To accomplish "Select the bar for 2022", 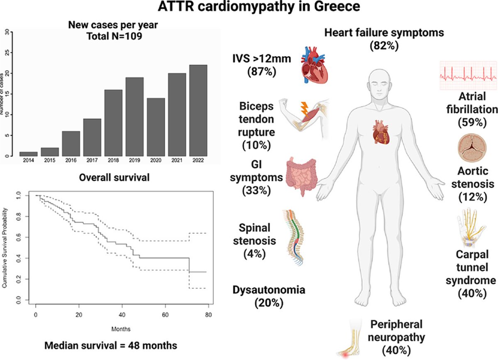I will [198, 110].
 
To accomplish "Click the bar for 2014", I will [29, 154].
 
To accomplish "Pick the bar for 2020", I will [156, 127].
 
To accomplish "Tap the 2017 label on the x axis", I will [92, 159].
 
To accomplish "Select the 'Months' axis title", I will [121, 329].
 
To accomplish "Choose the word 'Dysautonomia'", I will [269, 290].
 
